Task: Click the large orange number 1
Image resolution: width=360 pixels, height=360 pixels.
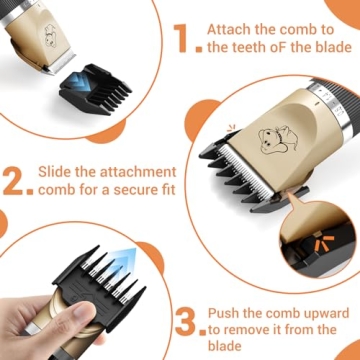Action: point(181,38)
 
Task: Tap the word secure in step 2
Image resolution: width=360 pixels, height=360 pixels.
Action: point(117,195)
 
